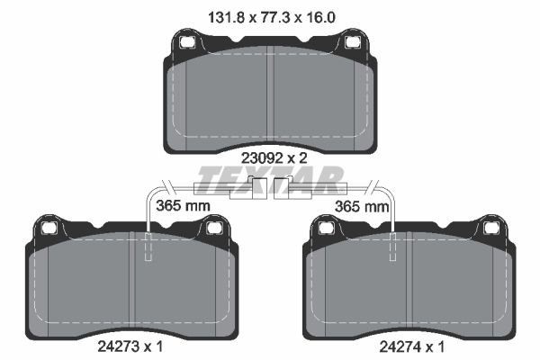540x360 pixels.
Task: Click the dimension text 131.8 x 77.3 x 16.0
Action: coord(272,17)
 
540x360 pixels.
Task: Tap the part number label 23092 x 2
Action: coord(274,158)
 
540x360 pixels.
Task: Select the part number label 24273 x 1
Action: coord(130,346)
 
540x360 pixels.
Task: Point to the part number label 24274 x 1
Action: coord(412,346)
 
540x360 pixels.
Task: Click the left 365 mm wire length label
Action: coord(183,206)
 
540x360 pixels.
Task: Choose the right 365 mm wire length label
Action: coord(362,207)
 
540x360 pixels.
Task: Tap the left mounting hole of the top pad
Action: coord(186,42)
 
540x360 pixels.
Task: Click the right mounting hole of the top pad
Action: coord(352,42)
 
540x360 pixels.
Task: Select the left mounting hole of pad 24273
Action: coord(49,228)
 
